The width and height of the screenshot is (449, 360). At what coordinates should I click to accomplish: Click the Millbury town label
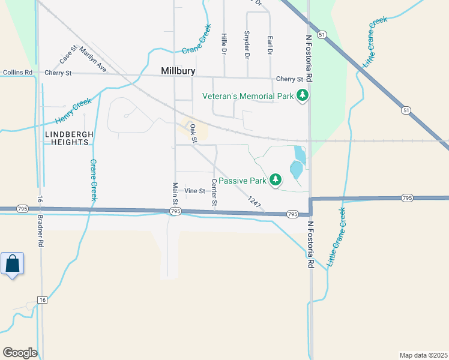(178, 71)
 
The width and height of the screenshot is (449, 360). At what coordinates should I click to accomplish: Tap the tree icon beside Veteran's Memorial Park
(303, 96)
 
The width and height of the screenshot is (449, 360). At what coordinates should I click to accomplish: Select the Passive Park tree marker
(276, 179)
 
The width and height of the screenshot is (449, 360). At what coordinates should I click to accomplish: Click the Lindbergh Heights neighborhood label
(67, 139)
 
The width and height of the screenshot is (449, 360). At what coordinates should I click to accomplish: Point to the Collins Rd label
(17, 73)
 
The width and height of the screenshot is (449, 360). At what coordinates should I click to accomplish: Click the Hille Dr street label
(224, 44)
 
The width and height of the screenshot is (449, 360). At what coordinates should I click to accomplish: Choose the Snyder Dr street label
(247, 45)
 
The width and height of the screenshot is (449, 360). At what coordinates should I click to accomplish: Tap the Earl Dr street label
(270, 46)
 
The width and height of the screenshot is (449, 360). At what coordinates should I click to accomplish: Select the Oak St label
(193, 133)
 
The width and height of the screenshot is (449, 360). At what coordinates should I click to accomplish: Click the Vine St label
(195, 191)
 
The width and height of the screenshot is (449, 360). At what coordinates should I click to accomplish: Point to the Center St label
(214, 192)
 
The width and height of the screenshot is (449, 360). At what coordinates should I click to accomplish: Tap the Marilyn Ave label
(92, 60)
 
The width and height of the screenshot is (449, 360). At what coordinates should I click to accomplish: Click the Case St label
(68, 55)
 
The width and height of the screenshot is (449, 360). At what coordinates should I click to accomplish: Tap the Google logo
(20, 352)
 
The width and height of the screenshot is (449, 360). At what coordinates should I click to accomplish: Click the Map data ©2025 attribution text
(423, 354)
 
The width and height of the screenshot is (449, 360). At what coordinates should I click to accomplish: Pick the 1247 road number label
(255, 203)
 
